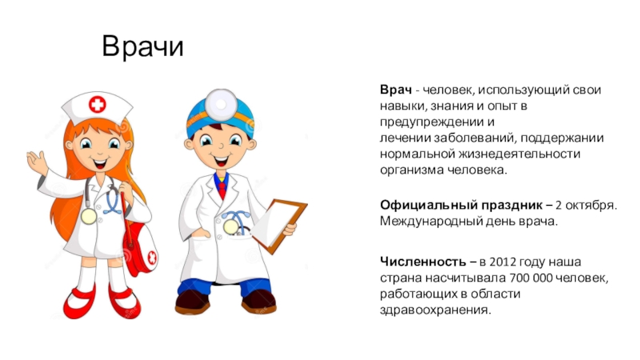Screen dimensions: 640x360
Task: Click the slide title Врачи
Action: (x=142, y=46)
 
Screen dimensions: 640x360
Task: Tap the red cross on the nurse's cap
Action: (x=97, y=105)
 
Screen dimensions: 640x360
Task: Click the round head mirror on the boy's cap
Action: (x=221, y=104)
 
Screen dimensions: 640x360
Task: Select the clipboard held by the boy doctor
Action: (x=279, y=226)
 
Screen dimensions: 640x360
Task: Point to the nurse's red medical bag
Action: (x=141, y=250)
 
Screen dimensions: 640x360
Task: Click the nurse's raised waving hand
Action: (x=37, y=162)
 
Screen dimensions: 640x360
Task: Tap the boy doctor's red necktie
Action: (x=222, y=188)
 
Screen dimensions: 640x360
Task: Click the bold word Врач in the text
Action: (x=395, y=90)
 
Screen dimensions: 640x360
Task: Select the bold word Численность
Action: (x=423, y=262)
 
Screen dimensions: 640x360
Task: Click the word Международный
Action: (x=431, y=222)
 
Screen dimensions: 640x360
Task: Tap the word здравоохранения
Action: (x=435, y=310)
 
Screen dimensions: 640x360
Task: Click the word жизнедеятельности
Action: (x=519, y=154)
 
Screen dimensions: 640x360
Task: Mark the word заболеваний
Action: (x=475, y=138)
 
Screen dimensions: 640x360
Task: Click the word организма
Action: (x=412, y=170)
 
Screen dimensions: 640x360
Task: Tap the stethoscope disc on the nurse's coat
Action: (x=89, y=216)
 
